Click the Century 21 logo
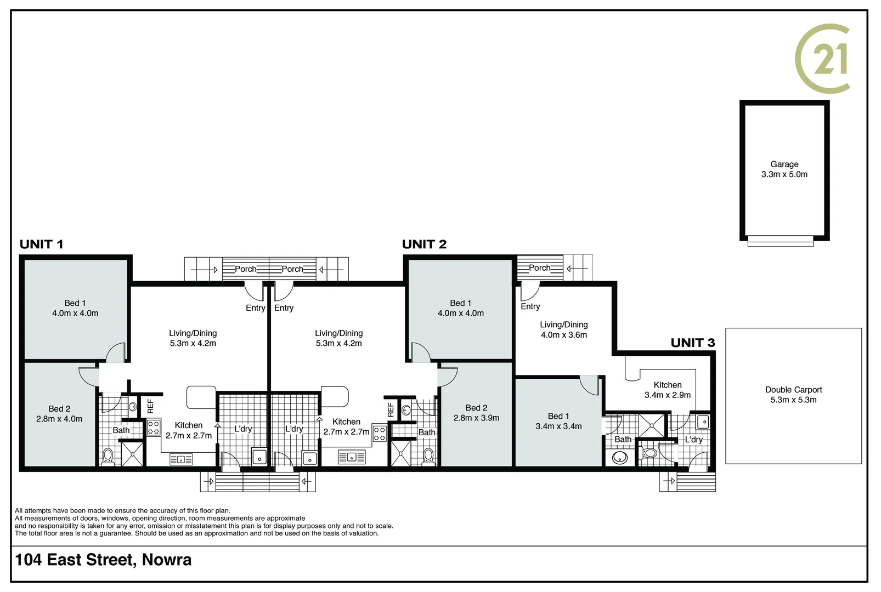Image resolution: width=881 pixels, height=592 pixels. pos(822,59)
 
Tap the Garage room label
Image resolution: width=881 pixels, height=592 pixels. pos(784,169)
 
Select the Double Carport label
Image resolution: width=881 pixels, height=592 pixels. pos(793,395)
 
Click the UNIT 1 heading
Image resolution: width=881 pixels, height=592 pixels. pos(42,244)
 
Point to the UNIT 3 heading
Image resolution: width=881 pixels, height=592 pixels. pos(693,343)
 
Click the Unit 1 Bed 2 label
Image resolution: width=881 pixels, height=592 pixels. pos(59,414)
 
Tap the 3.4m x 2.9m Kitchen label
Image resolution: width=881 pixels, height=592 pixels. pos(668,390)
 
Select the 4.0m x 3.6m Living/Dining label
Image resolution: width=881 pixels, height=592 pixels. pos(564,329)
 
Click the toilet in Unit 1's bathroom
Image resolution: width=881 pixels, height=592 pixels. pos(108,456)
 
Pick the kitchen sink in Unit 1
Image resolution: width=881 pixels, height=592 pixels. pos(181,459)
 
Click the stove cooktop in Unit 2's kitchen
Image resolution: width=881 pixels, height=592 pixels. pos(379,434)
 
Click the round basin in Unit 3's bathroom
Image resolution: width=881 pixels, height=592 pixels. pos(620,457)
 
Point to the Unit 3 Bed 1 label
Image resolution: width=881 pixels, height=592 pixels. pos(558,421)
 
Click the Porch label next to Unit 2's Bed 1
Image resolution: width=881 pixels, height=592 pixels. pos(539,268)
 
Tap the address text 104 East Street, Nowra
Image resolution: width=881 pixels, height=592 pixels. pos(104,560)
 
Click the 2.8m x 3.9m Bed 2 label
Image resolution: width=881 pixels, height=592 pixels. pos(476,413)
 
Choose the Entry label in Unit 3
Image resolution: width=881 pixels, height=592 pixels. pos(530,306)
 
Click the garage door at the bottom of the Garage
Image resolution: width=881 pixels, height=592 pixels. pos(780,241)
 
